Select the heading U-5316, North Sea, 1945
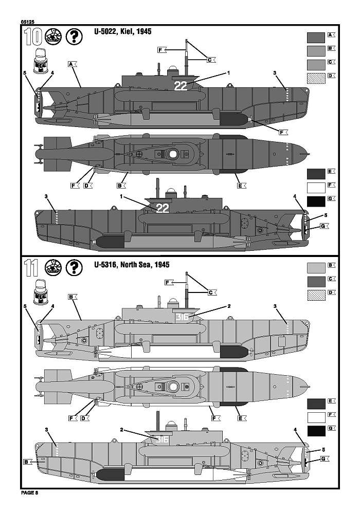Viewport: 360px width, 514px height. [x=132, y=265]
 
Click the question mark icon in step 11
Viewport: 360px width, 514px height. [x=75, y=268]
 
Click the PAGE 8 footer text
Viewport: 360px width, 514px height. [x=30, y=493]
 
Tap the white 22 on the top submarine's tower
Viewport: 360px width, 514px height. [x=181, y=86]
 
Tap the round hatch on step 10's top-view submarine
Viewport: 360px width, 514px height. [x=172, y=153]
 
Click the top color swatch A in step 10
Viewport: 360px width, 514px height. [x=316, y=37]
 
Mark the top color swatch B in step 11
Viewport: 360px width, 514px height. [x=316, y=268]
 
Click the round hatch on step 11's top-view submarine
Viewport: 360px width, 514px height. [x=172, y=385]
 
